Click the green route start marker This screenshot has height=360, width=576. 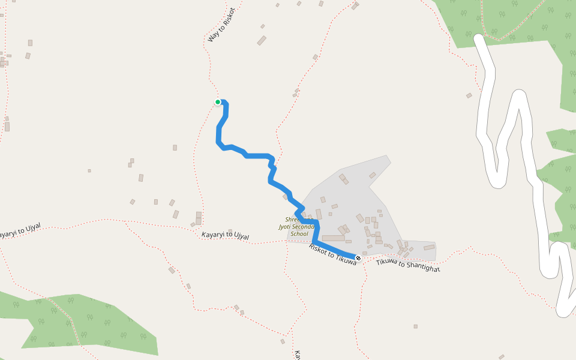coord(218,102)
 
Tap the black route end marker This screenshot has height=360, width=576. coord(358,257)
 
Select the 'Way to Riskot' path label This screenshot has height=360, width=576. coord(221,25)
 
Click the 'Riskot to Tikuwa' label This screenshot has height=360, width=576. coord(332,254)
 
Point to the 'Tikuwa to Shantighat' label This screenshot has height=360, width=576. coord(408,265)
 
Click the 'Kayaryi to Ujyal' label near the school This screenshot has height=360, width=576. coord(225,236)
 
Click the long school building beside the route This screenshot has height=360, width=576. coord(333,238)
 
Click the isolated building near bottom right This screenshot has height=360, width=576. coord(415,326)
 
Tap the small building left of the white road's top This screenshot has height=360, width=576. coord(469,95)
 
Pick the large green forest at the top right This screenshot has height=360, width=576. coord(510,21)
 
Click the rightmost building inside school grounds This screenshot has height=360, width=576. coord(428,247)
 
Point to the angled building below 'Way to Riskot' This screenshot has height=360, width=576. coord(262,40)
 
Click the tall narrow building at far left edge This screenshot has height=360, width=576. coord(7,127)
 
